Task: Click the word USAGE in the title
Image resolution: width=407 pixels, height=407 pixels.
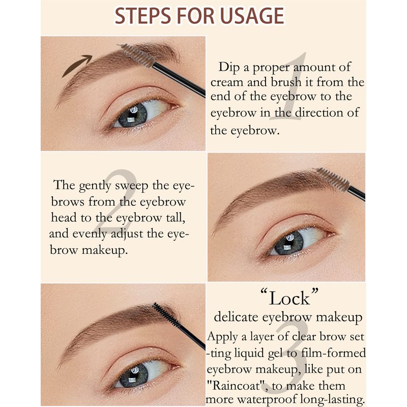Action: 252,16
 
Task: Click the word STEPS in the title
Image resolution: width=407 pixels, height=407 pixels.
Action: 143,16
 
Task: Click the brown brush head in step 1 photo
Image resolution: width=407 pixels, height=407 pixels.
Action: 136,55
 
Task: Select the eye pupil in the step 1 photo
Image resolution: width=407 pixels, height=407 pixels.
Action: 132,115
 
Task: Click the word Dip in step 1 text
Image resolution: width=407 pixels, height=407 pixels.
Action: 229,68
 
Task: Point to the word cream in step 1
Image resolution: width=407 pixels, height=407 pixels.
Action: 227,83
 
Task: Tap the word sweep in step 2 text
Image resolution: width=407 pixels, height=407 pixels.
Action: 132,186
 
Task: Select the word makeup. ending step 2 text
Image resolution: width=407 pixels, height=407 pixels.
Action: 105,251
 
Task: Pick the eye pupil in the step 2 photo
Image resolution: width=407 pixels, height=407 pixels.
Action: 288,243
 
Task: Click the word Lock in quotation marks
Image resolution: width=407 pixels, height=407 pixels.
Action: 289,298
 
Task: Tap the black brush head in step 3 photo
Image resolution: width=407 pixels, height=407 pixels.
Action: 167,315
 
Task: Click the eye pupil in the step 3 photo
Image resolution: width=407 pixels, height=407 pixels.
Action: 134,376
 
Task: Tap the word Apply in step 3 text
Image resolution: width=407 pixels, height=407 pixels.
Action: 222,337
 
